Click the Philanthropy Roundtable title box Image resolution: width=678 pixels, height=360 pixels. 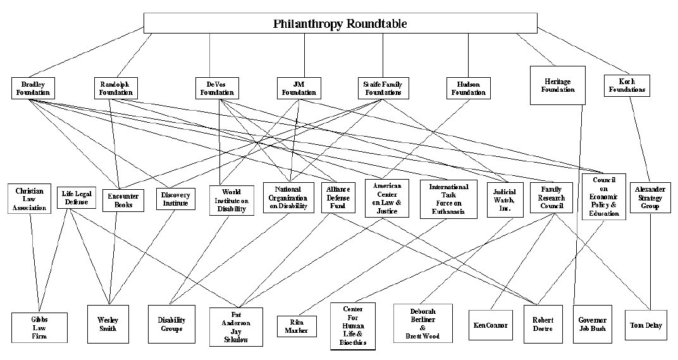(340, 23)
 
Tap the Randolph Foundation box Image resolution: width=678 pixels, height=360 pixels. (115, 88)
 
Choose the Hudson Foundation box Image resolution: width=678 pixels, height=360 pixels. (468, 88)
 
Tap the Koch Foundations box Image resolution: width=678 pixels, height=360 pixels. (626, 85)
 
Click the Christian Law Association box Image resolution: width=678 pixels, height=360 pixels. (30, 199)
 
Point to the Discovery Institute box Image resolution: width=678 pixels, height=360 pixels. (175, 199)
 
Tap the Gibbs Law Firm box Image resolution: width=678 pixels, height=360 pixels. (39, 326)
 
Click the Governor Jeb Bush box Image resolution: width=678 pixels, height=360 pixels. (593, 325)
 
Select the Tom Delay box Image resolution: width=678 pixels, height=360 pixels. (645, 325)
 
